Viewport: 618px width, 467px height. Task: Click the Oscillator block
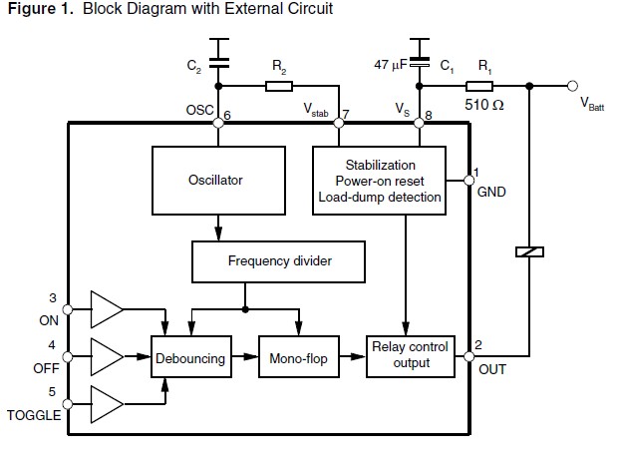(x=215, y=181)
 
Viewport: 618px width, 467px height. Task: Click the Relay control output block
(x=410, y=355)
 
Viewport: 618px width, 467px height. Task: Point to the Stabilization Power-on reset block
(x=380, y=181)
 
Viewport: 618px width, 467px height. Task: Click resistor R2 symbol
(x=279, y=86)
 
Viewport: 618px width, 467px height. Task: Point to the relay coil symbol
(x=529, y=251)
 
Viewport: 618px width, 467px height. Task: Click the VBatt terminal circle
(x=572, y=86)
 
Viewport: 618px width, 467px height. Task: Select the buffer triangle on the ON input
(x=105, y=310)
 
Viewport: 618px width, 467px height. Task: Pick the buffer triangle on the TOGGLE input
(x=105, y=404)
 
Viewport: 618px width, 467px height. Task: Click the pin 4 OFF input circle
(x=67, y=356)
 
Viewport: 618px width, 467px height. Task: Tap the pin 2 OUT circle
(x=469, y=356)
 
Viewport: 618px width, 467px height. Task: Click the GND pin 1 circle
(x=469, y=181)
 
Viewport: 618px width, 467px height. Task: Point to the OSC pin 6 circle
(x=217, y=123)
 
